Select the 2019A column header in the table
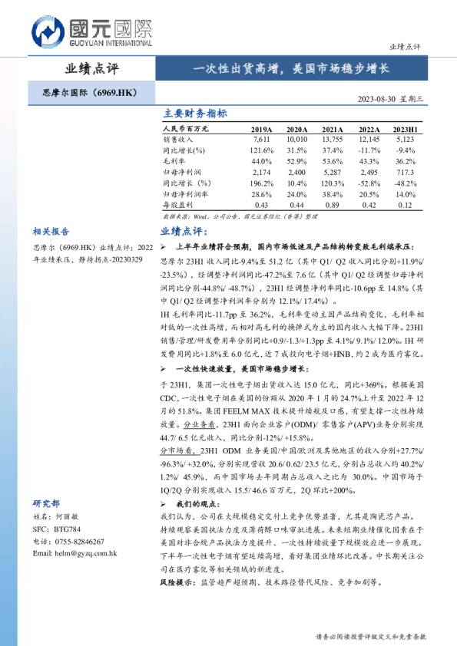click(x=262, y=130)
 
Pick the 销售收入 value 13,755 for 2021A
click(x=332, y=140)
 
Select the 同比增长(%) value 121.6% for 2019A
click(x=261, y=151)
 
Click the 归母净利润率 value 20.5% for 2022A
click(x=369, y=195)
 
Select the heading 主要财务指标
click(x=195, y=114)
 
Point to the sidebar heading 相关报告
click(x=51, y=231)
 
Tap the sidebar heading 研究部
click(x=46, y=503)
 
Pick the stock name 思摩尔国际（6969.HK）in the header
click(x=88, y=94)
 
